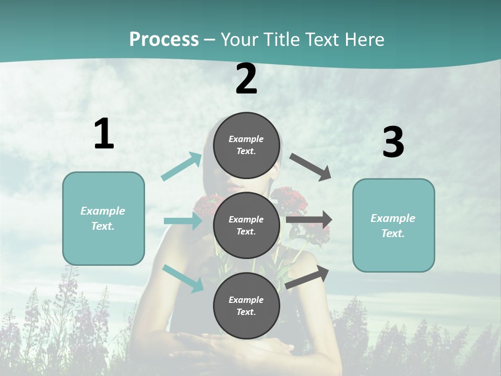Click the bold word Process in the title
164,39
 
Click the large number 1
104,134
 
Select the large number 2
246,79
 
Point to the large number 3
393,143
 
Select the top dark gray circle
246,145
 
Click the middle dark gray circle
246,225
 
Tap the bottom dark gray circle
246,305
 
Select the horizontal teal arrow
183,221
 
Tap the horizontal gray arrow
309,220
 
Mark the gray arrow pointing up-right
307,277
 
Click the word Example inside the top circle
246,139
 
